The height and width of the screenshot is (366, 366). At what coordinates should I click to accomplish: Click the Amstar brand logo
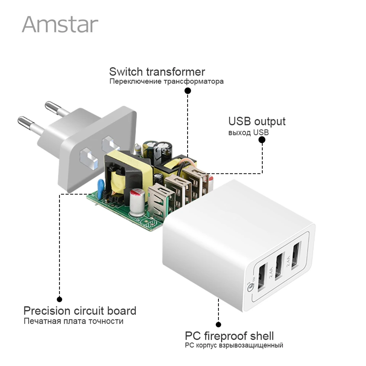[60, 24]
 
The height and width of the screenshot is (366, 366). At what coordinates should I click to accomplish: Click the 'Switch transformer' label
[157, 72]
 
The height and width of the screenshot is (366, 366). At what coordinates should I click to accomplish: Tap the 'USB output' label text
[257, 122]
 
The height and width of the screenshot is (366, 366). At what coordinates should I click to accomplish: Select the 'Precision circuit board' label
[80, 310]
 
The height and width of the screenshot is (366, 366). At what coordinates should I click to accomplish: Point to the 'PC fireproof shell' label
[229, 336]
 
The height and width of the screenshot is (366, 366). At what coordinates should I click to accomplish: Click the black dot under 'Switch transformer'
[188, 91]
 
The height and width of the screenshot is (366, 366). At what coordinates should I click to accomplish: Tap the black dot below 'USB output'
[262, 140]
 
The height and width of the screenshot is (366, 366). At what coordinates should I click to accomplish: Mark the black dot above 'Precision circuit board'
[59, 299]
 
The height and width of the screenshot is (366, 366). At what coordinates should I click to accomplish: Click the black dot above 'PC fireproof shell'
[218, 325]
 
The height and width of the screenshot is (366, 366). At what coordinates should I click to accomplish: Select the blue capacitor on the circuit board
[101, 189]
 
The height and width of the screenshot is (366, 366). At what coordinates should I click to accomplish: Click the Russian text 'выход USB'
[248, 133]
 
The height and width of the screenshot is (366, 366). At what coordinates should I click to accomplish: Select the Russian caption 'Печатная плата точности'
[73, 321]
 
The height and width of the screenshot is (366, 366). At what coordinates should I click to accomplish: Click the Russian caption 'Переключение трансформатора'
[166, 81]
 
